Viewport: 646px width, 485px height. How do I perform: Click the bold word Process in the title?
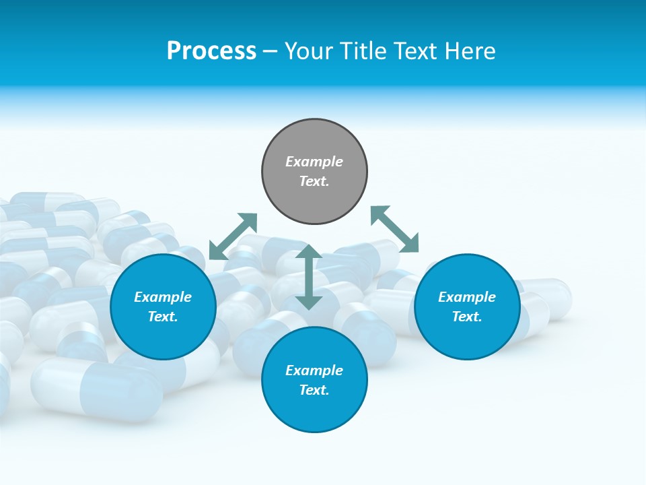click(x=211, y=51)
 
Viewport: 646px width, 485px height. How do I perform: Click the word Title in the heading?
click(x=362, y=51)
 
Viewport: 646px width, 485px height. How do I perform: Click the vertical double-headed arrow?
click(x=309, y=277)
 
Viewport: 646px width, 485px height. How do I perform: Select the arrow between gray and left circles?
click(x=233, y=236)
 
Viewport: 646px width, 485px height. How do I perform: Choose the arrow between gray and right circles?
click(x=394, y=229)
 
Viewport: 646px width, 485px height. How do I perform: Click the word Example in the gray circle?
click(x=314, y=162)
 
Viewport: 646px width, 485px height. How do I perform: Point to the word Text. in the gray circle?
click(x=314, y=181)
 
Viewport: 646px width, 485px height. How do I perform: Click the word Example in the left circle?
click(x=163, y=297)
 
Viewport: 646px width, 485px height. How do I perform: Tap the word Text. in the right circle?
click(x=467, y=317)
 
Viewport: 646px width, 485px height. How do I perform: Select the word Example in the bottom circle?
click(x=314, y=370)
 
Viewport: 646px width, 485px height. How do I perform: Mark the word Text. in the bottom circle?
click(x=314, y=390)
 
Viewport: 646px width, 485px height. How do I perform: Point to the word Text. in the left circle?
click(x=163, y=317)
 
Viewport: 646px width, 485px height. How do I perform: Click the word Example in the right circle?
click(x=467, y=297)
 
